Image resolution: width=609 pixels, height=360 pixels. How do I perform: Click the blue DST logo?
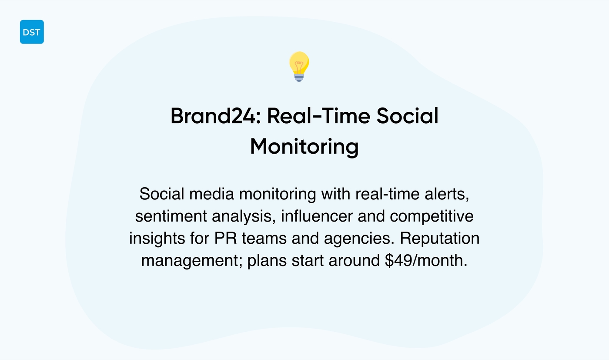click(x=32, y=32)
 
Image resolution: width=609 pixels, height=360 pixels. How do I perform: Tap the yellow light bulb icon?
click(x=299, y=64)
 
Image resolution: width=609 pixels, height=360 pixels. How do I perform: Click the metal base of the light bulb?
click(x=299, y=77)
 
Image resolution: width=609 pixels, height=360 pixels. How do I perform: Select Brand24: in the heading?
click(x=215, y=116)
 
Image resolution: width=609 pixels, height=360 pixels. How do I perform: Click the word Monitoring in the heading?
click(x=304, y=146)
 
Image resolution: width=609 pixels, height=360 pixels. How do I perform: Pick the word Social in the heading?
click(x=407, y=116)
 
